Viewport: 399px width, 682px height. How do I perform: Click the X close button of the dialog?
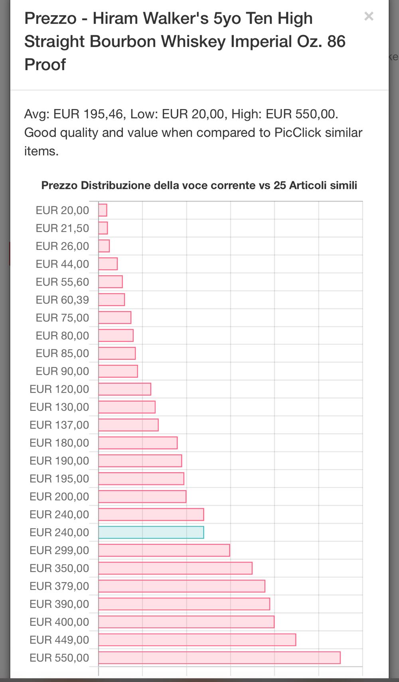point(369,16)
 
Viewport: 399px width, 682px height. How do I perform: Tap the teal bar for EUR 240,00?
point(151,532)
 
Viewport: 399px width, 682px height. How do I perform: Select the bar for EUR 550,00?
point(219,658)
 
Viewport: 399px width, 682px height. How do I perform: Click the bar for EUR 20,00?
point(103,210)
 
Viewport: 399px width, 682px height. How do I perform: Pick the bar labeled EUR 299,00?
point(164,550)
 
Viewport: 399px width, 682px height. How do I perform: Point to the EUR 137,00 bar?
point(128,425)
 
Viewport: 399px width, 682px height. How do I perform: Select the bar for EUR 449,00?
point(197,640)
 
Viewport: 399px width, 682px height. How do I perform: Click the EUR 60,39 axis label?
point(62,300)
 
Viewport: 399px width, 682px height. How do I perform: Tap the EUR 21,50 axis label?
point(62,228)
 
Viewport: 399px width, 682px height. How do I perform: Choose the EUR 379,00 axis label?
point(59,586)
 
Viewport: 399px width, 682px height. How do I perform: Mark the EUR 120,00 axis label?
point(59,389)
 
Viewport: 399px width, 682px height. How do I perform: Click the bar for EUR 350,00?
point(175,568)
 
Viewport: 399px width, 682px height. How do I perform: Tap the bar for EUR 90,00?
point(118,371)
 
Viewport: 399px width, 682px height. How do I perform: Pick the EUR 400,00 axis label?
point(59,622)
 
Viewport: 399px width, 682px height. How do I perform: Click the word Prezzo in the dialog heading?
point(50,18)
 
